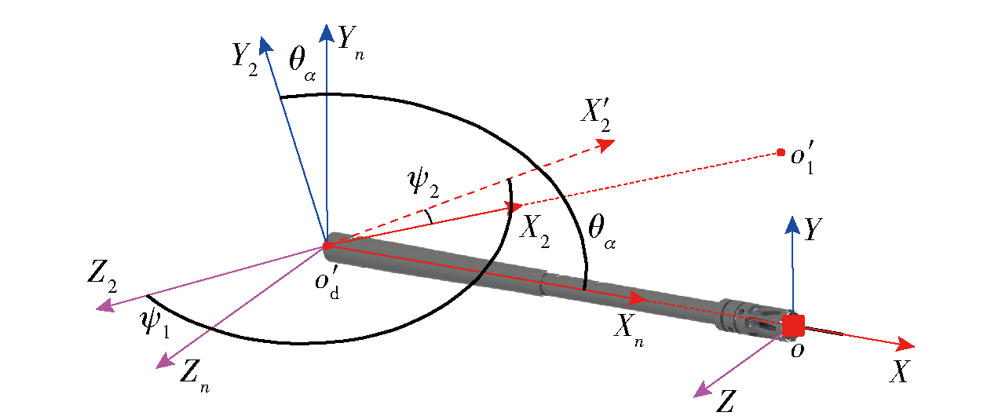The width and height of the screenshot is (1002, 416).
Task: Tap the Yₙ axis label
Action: [x=351, y=42]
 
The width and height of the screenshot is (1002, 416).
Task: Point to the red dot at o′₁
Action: [x=781, y=152]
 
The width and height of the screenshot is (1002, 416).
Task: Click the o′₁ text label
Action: [x=806, y=156]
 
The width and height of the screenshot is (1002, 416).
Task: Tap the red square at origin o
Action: [x=794, y=324]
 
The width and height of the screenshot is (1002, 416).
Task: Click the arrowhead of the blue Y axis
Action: [x=793, y=224]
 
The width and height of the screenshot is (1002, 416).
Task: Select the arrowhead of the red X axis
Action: [x=906, y=344]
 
